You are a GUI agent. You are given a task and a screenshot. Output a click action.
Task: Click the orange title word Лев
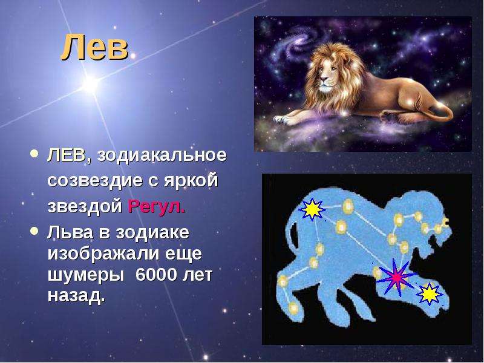click(94, 47)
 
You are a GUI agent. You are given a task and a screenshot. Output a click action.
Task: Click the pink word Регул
click(157, 206)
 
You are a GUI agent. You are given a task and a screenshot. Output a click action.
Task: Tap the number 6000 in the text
click(156, 275)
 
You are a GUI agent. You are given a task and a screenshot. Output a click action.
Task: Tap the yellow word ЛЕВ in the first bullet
click(66, 155)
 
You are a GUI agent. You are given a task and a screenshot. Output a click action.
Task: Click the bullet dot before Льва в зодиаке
click(35, 232)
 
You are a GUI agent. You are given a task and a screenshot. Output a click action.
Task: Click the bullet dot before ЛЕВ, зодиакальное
click(35, 154)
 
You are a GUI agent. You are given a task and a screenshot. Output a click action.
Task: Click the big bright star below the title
click(90, 83)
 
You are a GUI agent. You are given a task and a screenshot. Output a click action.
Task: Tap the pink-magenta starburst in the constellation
click(396, 278)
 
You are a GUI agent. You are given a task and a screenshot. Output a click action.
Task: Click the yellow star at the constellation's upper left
click(312, 209)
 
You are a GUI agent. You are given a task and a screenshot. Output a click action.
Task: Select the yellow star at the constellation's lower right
click(430, 294)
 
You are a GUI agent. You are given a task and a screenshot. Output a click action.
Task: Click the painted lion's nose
click(323, 79)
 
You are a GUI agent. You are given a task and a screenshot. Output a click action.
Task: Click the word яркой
click(191, 181)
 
